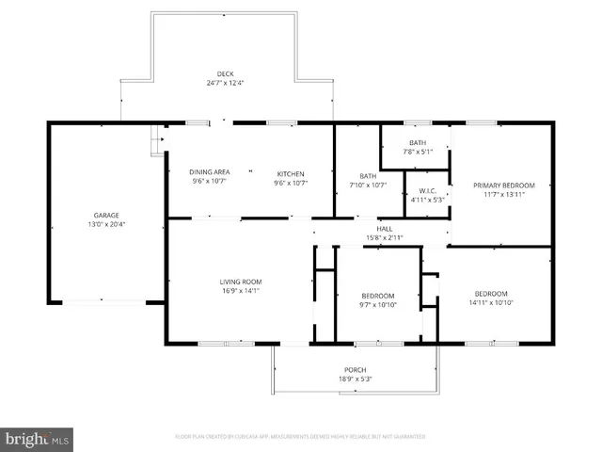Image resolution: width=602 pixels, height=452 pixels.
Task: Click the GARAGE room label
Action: [105, 216]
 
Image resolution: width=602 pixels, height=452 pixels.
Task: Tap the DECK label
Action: [226, 75]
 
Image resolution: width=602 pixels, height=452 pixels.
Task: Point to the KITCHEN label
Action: [291, 172]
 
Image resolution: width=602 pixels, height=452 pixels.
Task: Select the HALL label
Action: [385, 229]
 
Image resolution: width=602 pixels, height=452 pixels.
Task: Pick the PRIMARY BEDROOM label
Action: [503, 186]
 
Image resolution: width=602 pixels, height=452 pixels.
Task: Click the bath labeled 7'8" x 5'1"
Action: [418, 147]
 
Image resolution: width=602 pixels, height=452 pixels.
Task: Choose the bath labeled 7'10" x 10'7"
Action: [368, 180]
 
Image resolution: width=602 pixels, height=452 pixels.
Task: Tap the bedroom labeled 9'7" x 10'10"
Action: [377, 300]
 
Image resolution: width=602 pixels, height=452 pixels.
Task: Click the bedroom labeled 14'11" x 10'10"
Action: [490, 298]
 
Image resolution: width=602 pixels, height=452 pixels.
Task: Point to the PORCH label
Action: [355, 369]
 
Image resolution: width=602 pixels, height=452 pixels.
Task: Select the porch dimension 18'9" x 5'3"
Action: [355, 379]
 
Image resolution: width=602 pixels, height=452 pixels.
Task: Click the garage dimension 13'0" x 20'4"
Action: [105, 225]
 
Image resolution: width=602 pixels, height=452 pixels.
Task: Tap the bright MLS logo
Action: [38, 439]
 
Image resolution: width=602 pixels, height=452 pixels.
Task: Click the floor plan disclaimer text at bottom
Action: [300, 437]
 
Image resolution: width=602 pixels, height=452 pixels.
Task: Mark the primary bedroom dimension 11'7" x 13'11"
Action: [503, 196]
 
